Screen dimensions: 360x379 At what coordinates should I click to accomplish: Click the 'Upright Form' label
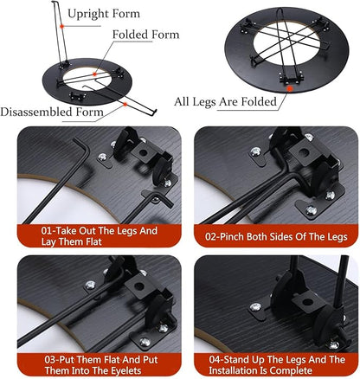pyautogui.click(x=104, y=14)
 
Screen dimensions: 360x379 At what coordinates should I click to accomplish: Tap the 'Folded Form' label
pyautogui.click(x=145, y=35)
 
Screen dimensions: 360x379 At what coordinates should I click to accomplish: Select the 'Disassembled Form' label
pyautogui.click(x=52, y=112)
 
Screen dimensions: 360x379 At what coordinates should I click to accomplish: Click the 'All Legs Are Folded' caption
pyautogui.click(x=225, y=101)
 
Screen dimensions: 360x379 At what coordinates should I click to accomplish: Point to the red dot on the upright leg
pyautogui.click(x=61, y=26)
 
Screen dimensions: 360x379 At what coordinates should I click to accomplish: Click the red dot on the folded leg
pyautogui.click(x=94, y=74)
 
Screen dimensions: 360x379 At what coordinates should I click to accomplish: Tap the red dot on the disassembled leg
pyautogui.click(x=125, y=104)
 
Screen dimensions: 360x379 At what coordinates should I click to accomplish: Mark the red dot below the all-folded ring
pyautogui.click(x=290, y=88)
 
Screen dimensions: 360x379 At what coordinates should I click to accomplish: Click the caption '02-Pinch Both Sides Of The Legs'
pyautogui.click(x=276, y=236)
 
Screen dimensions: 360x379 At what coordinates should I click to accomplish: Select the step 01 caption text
pyautogui.click(x=100, y=236)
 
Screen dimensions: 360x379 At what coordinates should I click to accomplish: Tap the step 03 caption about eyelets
pyautogui.click(x=101, y=365)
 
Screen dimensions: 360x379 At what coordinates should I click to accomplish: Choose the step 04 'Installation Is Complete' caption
pyautogui.click(x=277, y=365)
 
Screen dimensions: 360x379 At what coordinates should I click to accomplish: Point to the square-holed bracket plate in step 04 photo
pyautogui.click(x=308, y=302)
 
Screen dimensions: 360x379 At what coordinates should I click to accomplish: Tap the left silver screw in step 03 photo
pyautogui.click(x=90, y=285)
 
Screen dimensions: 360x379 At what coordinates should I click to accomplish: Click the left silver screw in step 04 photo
pyautogui.click(x=255, y=306)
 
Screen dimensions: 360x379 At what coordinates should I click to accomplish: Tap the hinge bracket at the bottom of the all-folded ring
pyautogui.click(x=292, y=77)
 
